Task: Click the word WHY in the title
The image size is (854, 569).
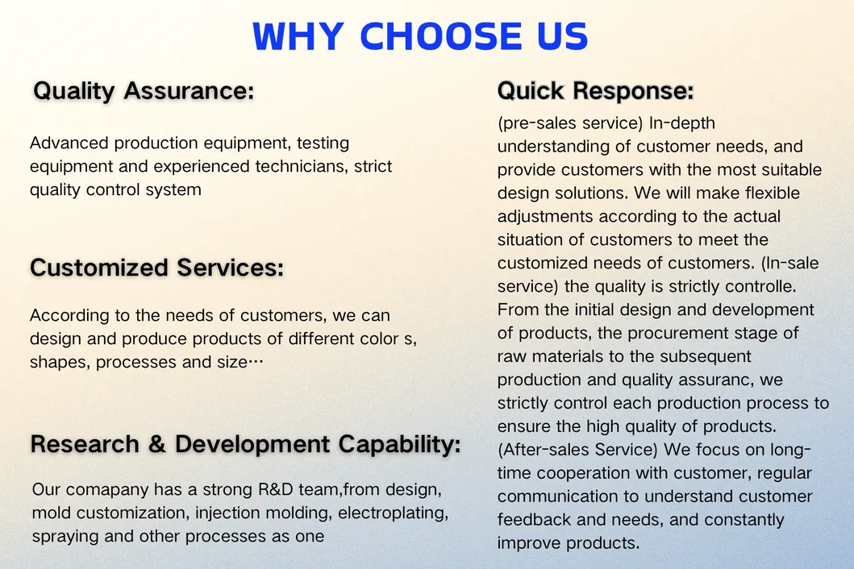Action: coord(298,36)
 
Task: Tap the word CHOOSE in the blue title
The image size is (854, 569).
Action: coord(440,36)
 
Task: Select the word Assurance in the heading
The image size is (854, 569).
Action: coord(189,90)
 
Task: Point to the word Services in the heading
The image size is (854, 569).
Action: coord(230,268)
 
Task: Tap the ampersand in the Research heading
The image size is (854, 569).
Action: coord(157,444)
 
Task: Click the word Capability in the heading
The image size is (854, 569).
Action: coord(400,445)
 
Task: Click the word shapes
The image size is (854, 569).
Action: coord(60,363)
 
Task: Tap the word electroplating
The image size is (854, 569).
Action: coord(394,513)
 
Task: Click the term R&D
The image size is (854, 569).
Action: coord(276,489)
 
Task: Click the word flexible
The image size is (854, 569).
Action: coord(773,193)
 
